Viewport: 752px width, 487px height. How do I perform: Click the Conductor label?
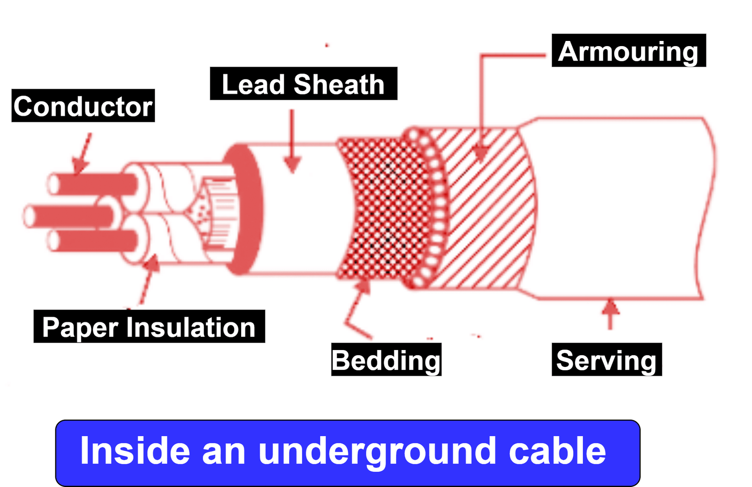pyautogui.click(x=83, y=106)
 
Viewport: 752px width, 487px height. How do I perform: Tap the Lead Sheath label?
pyautogui.click(x=303, y=84)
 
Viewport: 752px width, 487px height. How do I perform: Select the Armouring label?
pyautogui.click(x=628, y=51)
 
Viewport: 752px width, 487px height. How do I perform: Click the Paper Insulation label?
pyautogui.click(x=149, y=327)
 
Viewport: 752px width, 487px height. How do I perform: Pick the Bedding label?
pyautogui.click(x=386, y=360)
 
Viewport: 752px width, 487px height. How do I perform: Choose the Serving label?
pyautogui.click(x=606, y=360)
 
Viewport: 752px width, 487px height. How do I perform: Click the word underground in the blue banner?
pyautogui.click(x=377, y=451)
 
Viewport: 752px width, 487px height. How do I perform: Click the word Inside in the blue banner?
pyautogui.click(x=135, y=451)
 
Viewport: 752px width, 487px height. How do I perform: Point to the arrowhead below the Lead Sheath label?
pyautogui.click(x=292, y=164)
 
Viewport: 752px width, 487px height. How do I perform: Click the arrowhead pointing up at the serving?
pyautogui.click(x=610, y=307)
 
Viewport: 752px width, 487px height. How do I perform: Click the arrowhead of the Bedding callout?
pyautogui.click(x=364, y=285)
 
